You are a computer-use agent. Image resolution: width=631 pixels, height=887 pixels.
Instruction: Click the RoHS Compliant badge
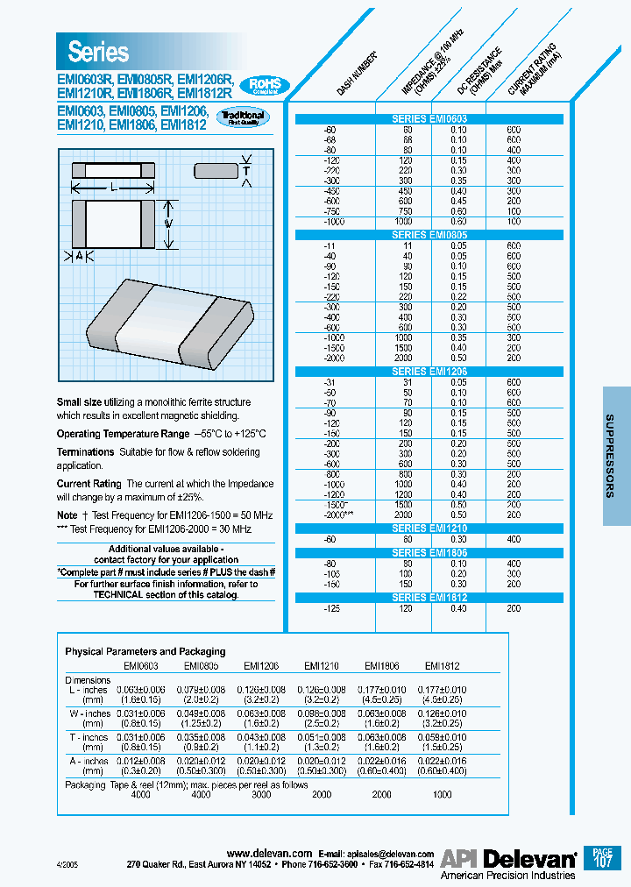pos(265,84)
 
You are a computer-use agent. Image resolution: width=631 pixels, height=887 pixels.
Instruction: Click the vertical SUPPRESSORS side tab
pos(616,457)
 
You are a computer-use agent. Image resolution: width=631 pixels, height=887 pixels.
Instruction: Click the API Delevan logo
pos(507,858)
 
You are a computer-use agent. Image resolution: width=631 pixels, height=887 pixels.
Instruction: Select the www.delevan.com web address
pos(269,853)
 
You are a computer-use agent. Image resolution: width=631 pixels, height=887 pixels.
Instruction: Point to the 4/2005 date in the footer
pos(67,864)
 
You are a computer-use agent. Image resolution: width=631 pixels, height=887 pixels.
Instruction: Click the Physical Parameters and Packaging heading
pos(145,651)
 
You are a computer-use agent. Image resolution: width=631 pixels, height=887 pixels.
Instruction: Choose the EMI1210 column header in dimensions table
pos(321,665)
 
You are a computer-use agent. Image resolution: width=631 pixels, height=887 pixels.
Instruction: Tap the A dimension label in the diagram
pos(79,256)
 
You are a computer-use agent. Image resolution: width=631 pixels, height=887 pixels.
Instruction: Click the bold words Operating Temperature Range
pos(122,434)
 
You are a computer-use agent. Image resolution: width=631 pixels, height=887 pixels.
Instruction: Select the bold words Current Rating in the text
pos(89,484)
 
